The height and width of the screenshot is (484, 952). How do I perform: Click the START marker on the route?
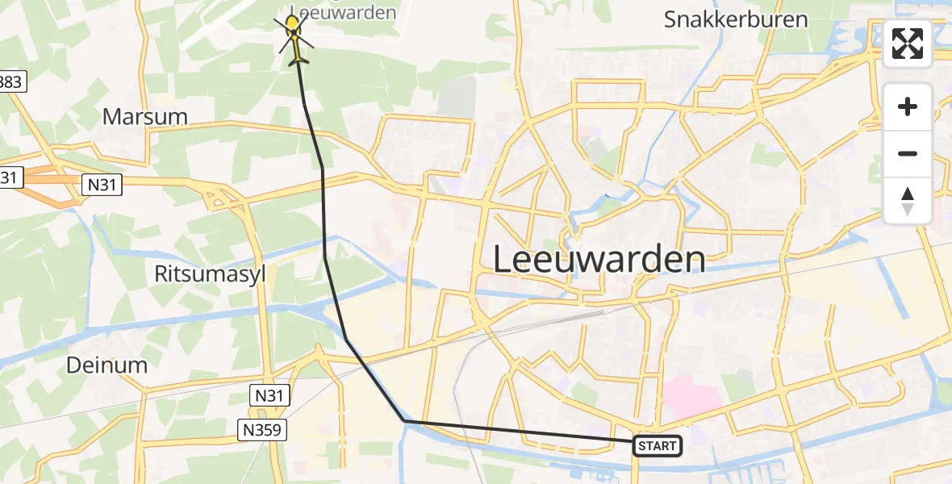click(x=658, y=445)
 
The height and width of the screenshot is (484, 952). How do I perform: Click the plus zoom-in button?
click(x=908, y=106)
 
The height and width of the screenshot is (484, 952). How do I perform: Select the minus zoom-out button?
click(x=908, y=153)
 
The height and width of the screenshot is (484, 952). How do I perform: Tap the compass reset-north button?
click(x=908, y=201)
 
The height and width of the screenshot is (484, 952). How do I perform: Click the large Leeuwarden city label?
click(x=599, y=261)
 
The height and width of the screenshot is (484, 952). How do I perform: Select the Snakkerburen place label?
click(x=736, y=20)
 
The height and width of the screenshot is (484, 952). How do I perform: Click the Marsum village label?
click(x=145, y=117)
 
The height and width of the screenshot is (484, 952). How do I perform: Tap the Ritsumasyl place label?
click(x=209, y=274)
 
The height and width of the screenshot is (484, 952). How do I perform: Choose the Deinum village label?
click(x=106, y=365)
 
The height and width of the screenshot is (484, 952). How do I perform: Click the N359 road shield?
click(x=265, y=430)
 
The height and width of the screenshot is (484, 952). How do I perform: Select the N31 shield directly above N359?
click(x=269, y=395)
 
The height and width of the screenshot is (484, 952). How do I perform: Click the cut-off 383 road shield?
click(x=13, y=81)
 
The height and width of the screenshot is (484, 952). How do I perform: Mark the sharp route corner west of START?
click(x=404, y=421)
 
